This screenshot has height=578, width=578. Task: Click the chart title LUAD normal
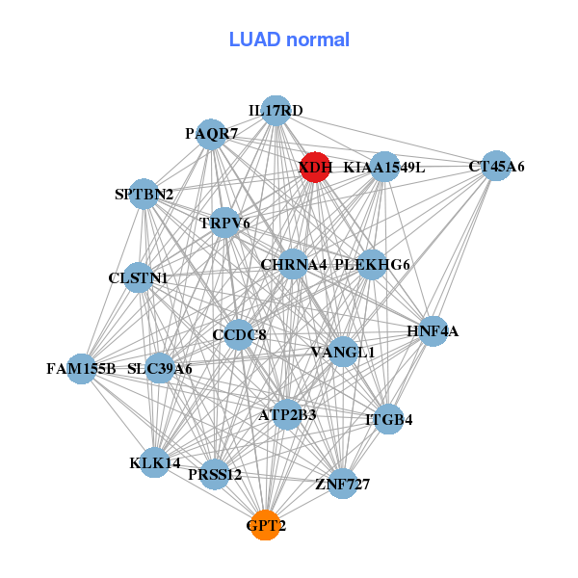pyautogui.click(x=289, y=39)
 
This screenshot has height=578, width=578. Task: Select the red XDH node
pyautogui.click(x=315, y=167)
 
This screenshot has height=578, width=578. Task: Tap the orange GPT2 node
pyautogui.click(x=265, y=525)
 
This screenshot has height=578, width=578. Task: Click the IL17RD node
pyautogui.click(x=276, y=111)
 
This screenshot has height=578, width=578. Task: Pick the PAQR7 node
pyautogui.click(x=212, y=133)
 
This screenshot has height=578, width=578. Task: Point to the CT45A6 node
pyautogui.click(x=496, y=166)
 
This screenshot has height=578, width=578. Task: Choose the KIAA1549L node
pyautogui.click(x=383, y=167)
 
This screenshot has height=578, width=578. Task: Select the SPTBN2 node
pyautogui.click(x=144, y=194)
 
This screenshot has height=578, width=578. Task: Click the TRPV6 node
pyautogui.click(x=224, y=223)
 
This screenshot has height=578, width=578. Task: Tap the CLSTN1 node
pyautogui.click(x=139, y=277)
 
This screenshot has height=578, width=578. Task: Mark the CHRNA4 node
pyautogui.click(x=294, y=264)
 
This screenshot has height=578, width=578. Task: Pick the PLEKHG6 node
pyautogui.click(x=372, y=264)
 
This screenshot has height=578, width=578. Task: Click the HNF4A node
pyautogui.click(x=433, y=331)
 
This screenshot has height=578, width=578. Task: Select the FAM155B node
pyautogui.click(x=82, y=368)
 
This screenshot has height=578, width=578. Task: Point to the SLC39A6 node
pyautogui.click(x=160, y=368)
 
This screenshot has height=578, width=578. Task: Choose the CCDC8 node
pyautogui.click(x=239, y=334)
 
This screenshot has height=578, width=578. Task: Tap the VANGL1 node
pyautogui.click(x=343, y=352)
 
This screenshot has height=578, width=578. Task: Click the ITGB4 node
pyautogui.click(x=389, y=419)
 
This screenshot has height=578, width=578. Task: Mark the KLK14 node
pyautogui.click(x=155, y=462)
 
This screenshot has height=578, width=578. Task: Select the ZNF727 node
pyautogui.click(x=342, y=483)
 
